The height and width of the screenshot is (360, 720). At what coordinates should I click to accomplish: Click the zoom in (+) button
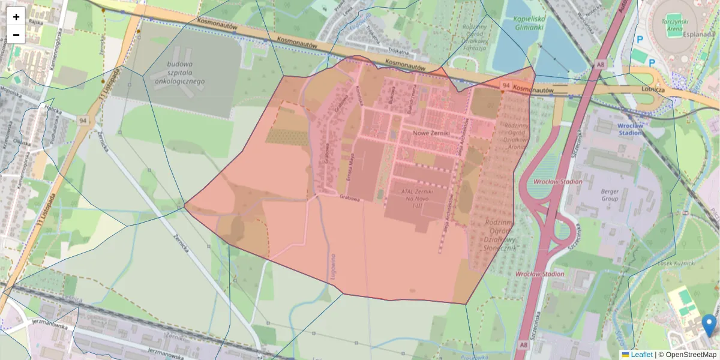click(x=16, y=17)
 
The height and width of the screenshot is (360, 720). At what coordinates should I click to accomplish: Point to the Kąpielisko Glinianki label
click(x=528, y=23)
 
